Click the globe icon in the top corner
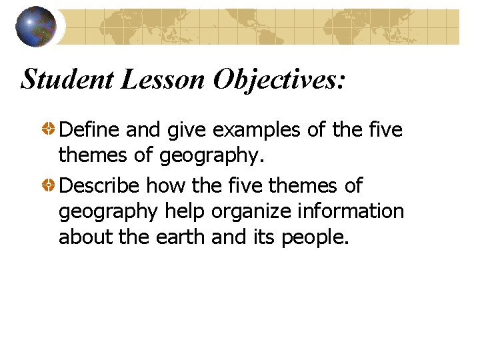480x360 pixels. click(35, 27)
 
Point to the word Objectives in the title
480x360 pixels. click(280, 80)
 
